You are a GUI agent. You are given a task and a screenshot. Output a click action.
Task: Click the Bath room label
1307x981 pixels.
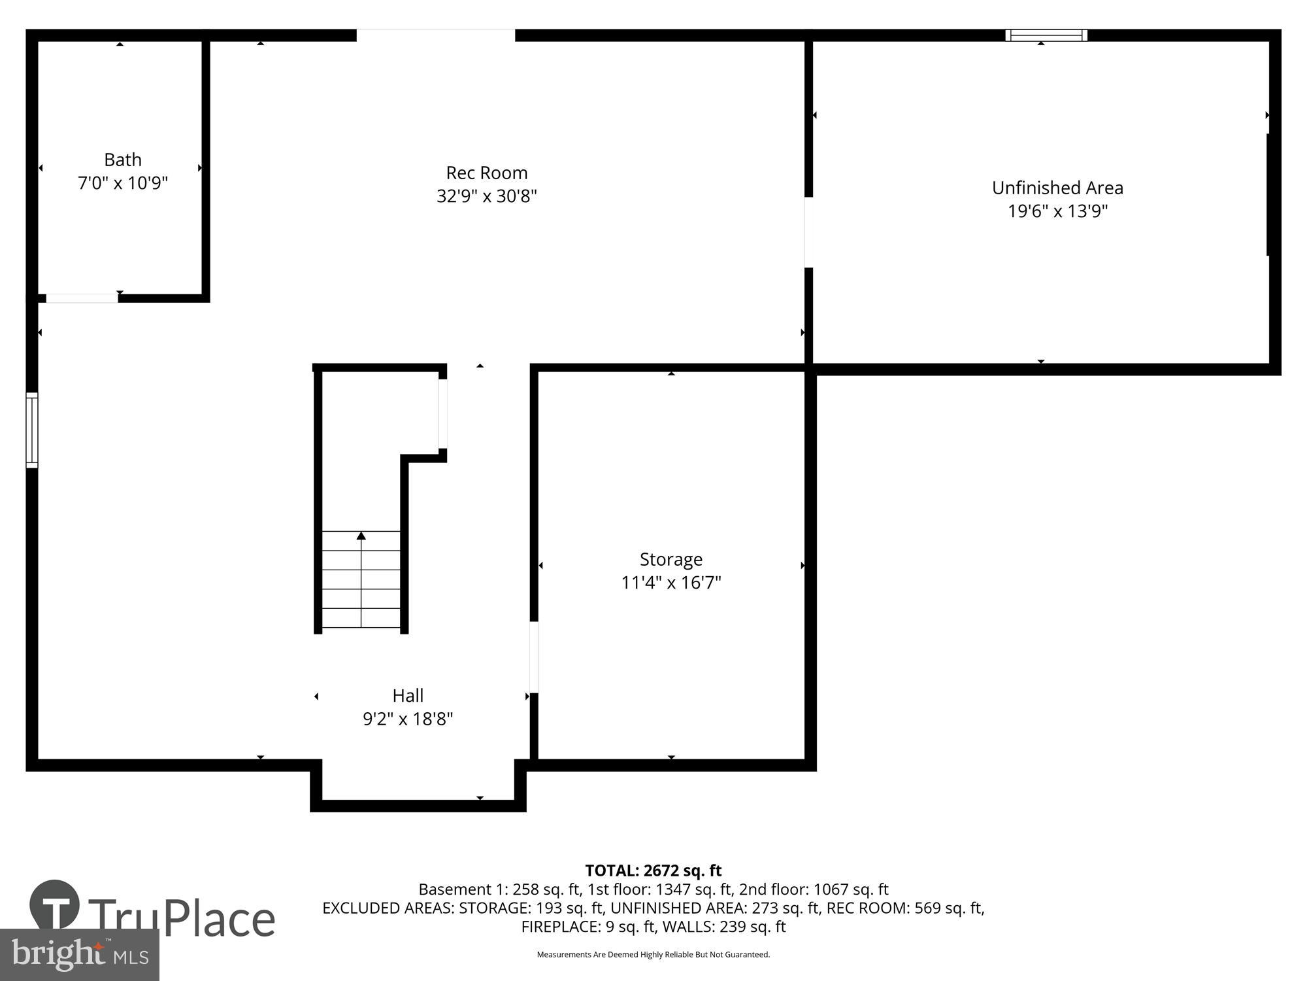tap(123, 160)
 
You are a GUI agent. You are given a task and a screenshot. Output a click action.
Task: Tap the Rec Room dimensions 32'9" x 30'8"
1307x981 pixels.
tap(486, 196)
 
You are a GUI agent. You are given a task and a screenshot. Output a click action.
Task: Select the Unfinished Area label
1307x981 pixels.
tap(1057, 188)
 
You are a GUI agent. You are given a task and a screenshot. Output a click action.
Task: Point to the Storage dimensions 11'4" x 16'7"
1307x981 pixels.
tap(670, 582)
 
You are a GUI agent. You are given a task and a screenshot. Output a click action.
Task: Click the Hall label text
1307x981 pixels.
tap(408, 695)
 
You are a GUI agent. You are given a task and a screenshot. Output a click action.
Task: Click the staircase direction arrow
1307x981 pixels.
tap(361, 536)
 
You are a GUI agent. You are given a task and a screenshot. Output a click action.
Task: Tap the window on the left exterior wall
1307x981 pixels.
tap(32, 430)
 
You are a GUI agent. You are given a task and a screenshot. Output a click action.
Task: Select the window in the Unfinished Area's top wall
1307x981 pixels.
tap(1046, 35)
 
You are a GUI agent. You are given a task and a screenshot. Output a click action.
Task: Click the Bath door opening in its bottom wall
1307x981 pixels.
tap(82, 298)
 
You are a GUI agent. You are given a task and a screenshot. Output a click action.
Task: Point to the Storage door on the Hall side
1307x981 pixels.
tap(534, 657)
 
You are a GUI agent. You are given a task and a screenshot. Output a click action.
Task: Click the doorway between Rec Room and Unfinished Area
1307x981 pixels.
tap(808, 232)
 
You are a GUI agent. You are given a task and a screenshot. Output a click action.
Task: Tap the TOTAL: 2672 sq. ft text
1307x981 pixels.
tap(653, 870)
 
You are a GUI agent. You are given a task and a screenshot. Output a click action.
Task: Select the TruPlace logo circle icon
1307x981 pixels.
tap(55, 905)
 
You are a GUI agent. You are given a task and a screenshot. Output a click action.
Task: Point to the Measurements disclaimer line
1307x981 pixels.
tap(653, 955)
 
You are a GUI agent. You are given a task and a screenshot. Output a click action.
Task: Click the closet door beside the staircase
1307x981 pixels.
tap(442, 413)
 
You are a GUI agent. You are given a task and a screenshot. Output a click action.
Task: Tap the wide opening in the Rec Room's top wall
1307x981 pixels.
tap(435, 35)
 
